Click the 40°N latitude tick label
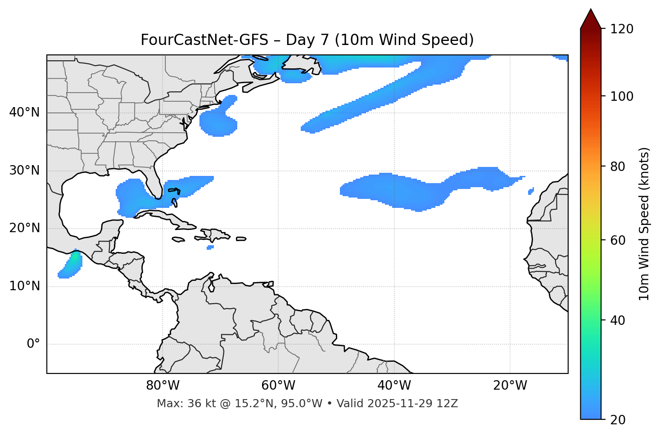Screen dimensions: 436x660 [24, 112]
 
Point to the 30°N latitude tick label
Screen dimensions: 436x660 [24, 171]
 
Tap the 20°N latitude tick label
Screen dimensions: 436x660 [24, 228]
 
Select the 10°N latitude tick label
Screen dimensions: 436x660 [24, 286]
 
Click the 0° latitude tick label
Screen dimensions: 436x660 [33, 344]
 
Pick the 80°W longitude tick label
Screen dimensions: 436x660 [163, 386]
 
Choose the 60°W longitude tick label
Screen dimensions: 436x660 [278, 386]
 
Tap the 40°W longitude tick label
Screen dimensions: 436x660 [394, 386]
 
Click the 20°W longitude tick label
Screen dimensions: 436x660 [510, 386]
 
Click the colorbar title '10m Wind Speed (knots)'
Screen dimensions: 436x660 [644, 224]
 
